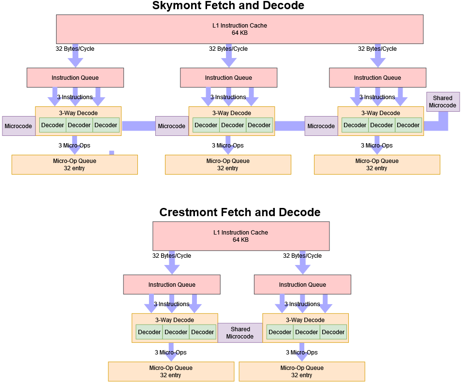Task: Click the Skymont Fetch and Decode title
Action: tap(228, 6)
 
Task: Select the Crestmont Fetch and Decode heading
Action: tap(239, 212)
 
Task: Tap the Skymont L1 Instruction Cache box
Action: tap(239, 29)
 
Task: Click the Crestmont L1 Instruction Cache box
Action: tap(240, 236)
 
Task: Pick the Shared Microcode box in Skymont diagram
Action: tap(443, 102)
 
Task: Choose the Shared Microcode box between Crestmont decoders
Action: tap(240, 333)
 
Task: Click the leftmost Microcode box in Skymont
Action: tap(18, 126)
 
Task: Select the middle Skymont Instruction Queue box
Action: tap(228, 77)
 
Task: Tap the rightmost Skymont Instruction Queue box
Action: tap(377, 77)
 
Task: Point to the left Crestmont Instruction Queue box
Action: tap(172, 284)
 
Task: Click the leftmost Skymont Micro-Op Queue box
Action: tap(75, 164)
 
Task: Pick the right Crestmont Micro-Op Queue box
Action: tap(302, 371)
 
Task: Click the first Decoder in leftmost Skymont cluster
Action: tap(52, 125)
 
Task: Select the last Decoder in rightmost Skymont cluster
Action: tap(408, 125)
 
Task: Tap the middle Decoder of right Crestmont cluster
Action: tap(306, 332)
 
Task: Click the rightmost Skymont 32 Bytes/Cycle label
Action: tap(377, 49)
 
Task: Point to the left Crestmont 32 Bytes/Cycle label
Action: tap(172, 256)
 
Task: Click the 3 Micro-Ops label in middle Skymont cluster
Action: tap(227, 146)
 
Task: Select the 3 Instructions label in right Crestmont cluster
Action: tap(302, 304)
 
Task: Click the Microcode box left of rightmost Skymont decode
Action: tap(321, 126)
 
